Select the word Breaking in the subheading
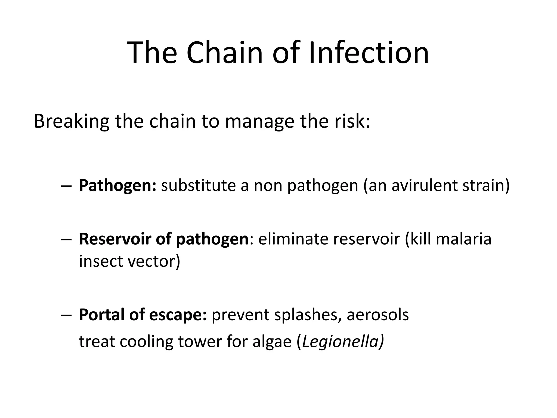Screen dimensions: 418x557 (x=72, y=121)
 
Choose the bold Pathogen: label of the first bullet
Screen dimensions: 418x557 (x=117, y=186)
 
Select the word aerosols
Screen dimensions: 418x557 (x=377, y=315)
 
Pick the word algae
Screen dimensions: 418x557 (x=272, y=342)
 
